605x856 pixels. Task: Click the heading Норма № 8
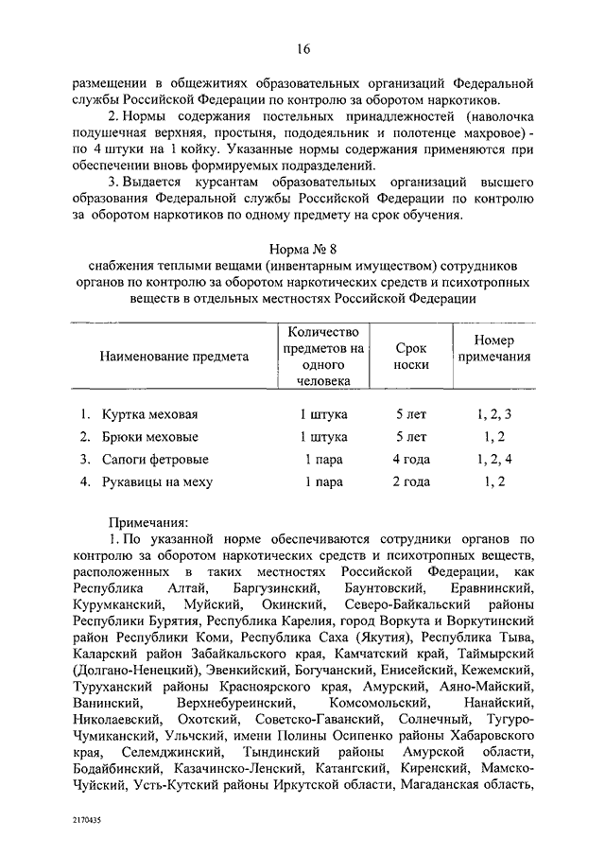302,249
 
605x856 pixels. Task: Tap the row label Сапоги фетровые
155,460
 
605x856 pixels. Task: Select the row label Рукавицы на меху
159,482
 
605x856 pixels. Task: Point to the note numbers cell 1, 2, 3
493,414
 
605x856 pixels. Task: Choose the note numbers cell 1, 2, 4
493,460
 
